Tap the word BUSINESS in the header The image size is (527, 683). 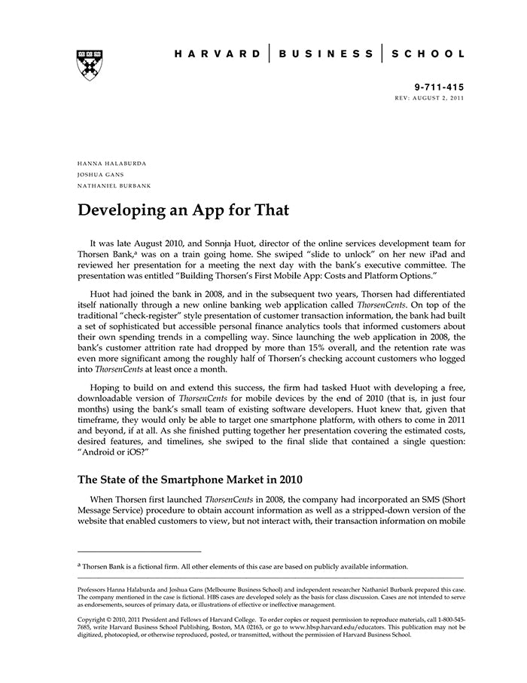326,54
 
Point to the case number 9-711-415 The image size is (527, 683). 440,87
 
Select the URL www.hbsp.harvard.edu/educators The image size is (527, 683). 334,627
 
